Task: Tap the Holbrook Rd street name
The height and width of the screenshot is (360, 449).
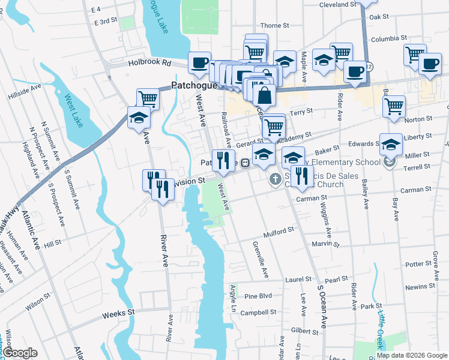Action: (x=149, y=62)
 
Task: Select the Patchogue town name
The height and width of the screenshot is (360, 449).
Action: (x=196, y=85)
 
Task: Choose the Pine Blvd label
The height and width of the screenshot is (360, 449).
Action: (x=258, y=296)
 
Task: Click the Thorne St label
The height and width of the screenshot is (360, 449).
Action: (x=275, y=26)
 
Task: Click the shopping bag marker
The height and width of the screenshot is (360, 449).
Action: (x=264, y=97)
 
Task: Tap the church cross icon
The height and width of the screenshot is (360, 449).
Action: (x=276, y=179)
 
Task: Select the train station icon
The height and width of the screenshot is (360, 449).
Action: (x=246, y=163)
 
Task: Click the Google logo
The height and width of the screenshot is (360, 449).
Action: (x=20, y=353)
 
